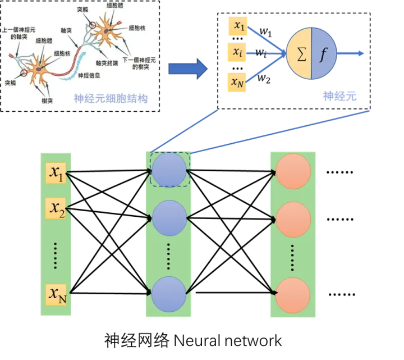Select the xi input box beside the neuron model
(237, 52)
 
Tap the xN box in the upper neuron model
(238, 83)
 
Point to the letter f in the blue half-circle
(322, 54)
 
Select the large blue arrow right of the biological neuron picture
(187, 69)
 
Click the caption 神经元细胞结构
(111, 99)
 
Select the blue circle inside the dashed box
(169, 170)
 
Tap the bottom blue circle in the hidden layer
(169, 293)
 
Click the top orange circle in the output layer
(293, 171)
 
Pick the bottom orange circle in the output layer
(293, 293)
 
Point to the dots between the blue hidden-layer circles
(169, 256)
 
